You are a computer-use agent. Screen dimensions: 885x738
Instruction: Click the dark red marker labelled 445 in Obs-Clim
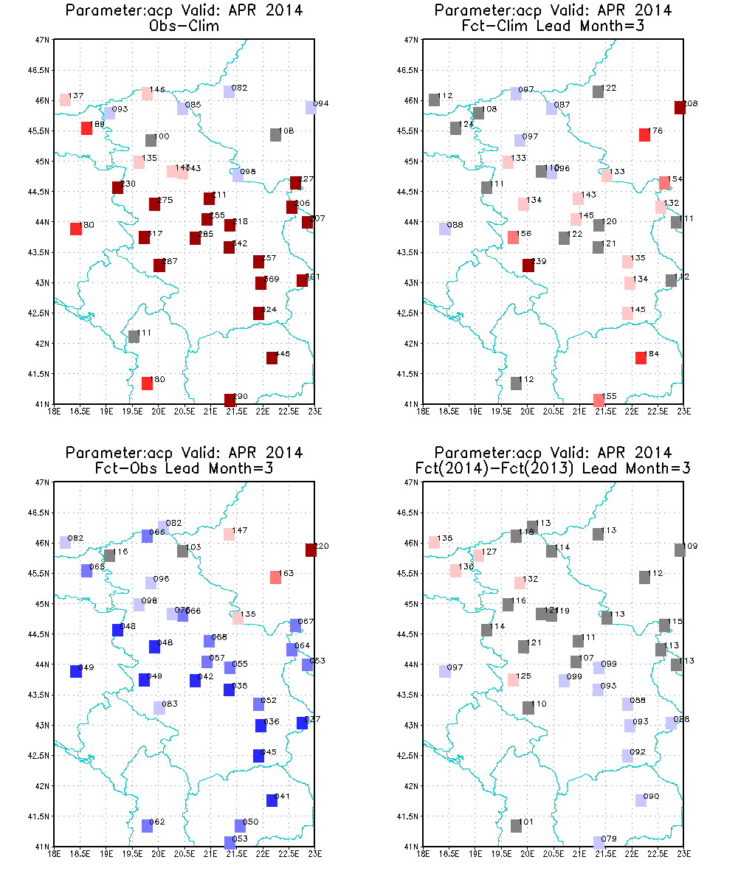[x=272, y=358]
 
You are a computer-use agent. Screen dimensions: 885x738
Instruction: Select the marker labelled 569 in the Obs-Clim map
[x=261, y=283]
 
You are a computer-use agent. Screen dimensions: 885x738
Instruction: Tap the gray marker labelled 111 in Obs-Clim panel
[x=134, y=337]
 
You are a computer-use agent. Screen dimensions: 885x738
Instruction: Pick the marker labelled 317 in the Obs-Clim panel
[x=145, y=237]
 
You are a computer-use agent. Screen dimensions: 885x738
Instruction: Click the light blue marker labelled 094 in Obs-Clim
[x=311, y=108]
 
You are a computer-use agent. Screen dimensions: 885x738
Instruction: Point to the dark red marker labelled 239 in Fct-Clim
[x=528, y=265]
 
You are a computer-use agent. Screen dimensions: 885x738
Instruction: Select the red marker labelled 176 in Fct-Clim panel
[x=644, y=134]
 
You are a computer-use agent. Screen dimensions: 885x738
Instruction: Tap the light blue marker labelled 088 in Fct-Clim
[x=445, y=229]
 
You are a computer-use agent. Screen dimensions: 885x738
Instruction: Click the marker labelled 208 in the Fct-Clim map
[x=680, y=108]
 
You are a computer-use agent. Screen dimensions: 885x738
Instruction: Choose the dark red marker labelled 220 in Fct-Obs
[x=311, y=550]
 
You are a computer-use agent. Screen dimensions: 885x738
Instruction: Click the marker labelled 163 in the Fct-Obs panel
[x=275, y=577]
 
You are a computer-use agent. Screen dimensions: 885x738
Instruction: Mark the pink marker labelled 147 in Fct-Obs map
[x=229, y=534]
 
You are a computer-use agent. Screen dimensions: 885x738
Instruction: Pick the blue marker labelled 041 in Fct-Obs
[x=272, y=800]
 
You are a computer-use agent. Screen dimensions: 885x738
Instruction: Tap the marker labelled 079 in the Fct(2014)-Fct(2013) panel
[x=599, y=842]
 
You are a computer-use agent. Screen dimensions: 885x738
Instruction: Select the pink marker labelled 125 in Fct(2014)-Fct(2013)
[x=513, y=680]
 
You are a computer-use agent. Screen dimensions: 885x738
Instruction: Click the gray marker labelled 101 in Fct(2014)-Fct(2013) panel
[x=517, y=826]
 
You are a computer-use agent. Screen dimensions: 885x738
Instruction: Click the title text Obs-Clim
[x=184, y=24]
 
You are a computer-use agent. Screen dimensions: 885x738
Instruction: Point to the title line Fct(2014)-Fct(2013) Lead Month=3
[x=553, y=467]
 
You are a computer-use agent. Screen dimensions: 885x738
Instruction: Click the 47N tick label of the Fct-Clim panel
[x=413, y=40]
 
